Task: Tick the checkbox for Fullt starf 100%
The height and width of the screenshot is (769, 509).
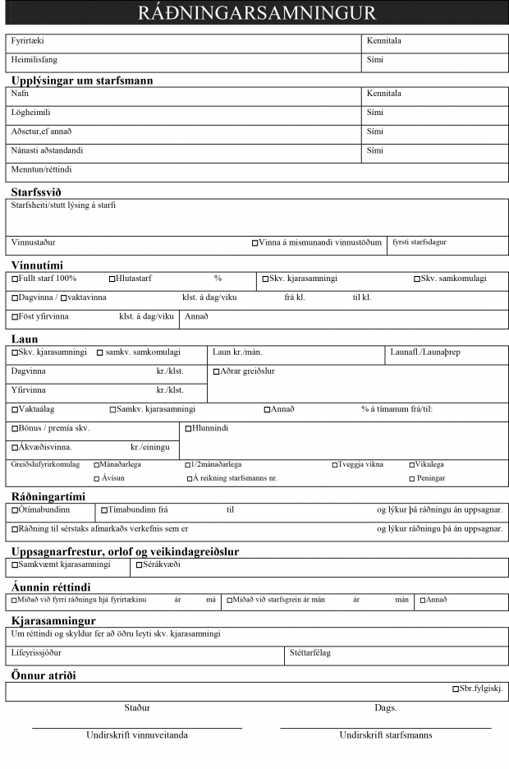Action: [x=15, y=279]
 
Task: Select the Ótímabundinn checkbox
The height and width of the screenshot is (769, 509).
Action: [x=15, y=510]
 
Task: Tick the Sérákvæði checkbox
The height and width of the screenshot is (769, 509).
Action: [x=137, y=565]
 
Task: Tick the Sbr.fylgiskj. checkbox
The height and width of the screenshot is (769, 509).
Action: [x=456, y=689]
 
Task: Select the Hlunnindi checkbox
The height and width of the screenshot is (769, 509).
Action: [x=188, y=429]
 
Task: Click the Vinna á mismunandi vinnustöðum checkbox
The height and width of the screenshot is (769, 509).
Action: [x=254, y=243]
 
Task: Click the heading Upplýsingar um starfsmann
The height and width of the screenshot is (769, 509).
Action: [x=82, y=81]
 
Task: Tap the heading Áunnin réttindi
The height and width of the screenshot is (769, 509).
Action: [x=51, y=587]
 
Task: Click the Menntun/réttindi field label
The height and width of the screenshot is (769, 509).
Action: [x=42, y=170]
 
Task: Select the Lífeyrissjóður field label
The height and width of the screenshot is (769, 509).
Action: [x=36, y=653]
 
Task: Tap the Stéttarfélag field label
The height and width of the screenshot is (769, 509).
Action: [x=310, y=653]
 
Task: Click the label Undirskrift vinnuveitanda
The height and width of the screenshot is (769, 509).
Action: [x=137, y=734]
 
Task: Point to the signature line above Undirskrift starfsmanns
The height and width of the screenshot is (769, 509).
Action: [x=386, y=727]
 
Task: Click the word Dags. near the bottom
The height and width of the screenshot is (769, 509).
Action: [x=386, y=707]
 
